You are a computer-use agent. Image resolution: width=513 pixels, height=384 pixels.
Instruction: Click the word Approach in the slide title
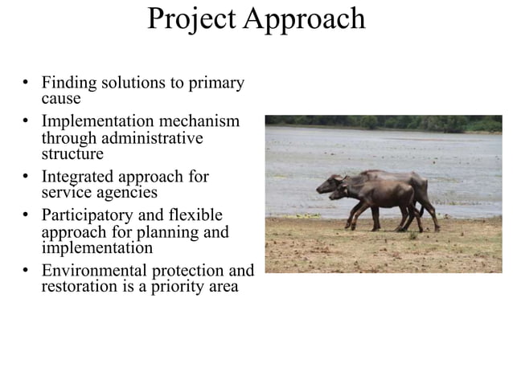tap(304, 19)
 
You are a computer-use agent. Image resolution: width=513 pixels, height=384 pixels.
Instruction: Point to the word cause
tap(61, 98)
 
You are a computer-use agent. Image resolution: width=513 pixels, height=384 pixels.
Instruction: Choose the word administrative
tap(157, 137)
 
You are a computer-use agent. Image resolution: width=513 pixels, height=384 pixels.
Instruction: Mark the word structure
tap(72, 153)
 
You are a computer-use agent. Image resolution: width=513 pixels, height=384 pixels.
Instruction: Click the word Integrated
tap(77, 177)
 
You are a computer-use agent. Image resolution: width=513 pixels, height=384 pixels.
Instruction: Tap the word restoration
tap(78, 287)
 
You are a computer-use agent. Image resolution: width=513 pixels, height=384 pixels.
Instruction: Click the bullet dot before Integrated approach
tap(27, 177)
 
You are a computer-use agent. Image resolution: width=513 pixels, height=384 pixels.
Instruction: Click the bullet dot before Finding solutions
tap(27, 83)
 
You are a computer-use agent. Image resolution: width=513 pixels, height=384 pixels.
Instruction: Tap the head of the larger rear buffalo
tap(326, 185)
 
